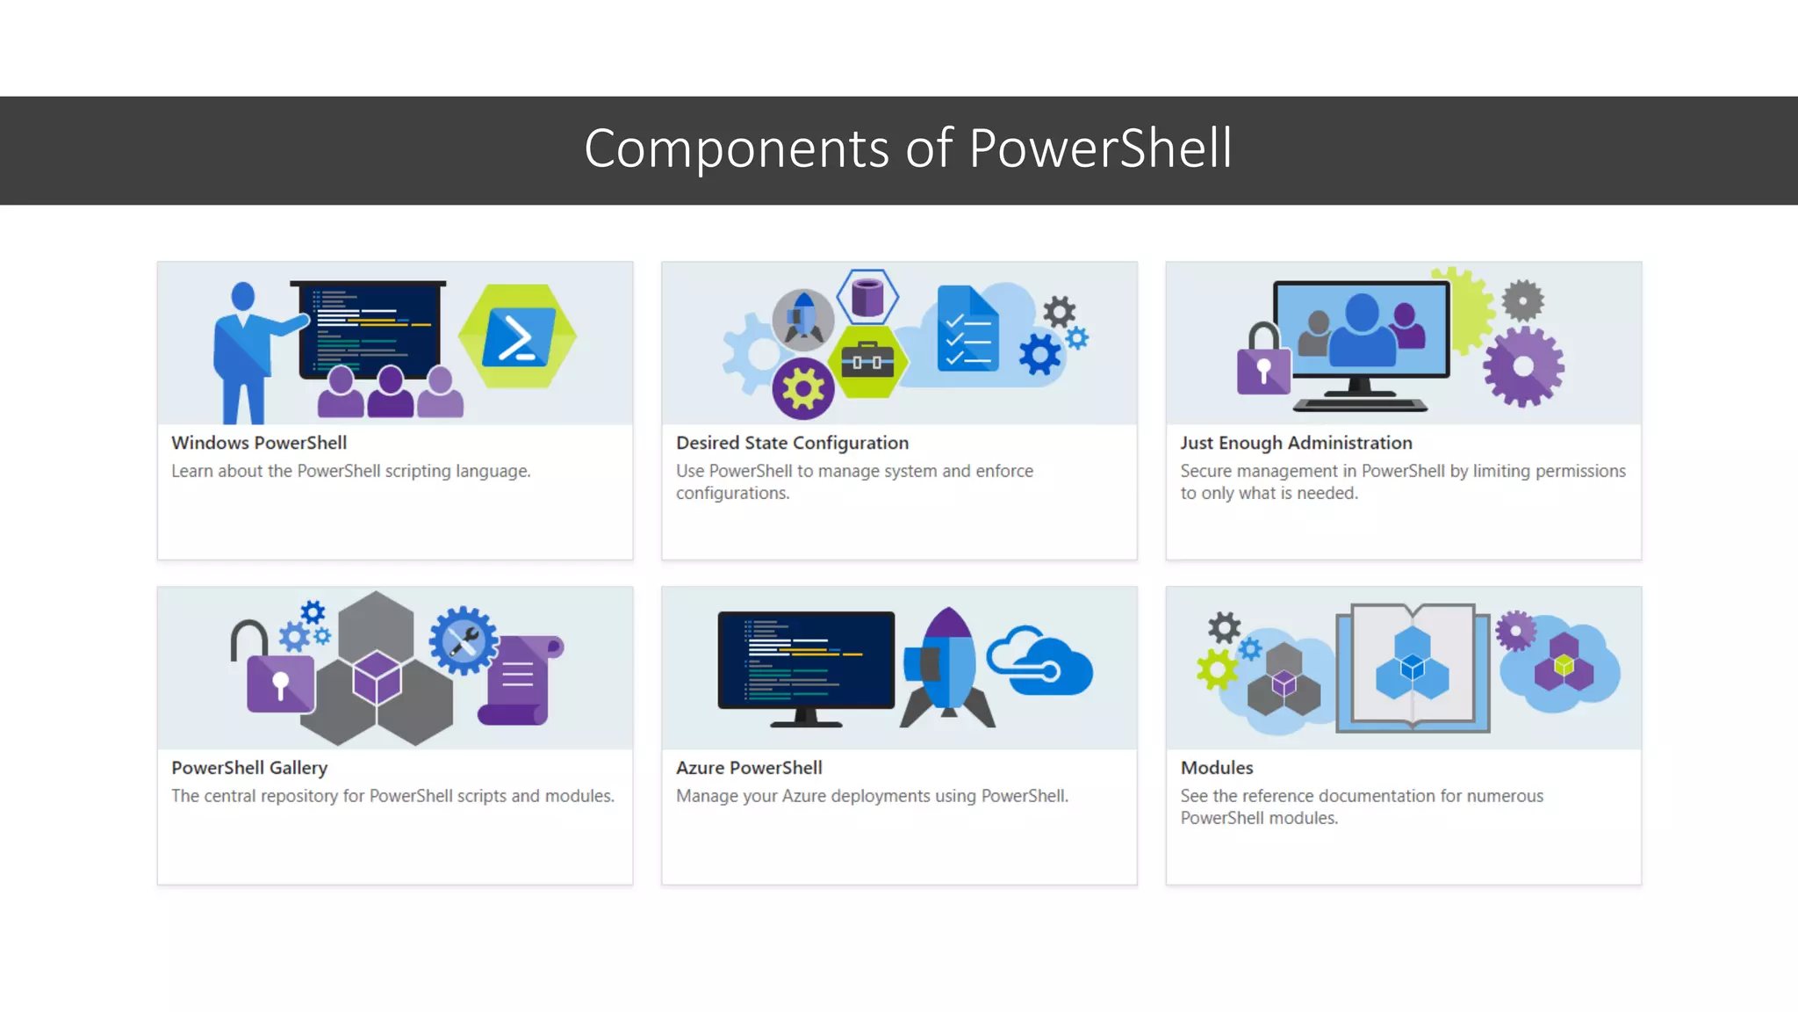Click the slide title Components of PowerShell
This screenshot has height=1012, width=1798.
pos(908,148)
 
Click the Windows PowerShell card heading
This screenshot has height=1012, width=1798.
pos(259,443)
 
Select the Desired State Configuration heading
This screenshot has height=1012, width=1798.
pos(792,443)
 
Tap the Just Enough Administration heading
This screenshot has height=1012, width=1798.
pos(1296,443)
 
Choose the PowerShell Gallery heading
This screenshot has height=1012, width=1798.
pos(249,768)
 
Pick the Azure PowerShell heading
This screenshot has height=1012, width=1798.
pos(749,768)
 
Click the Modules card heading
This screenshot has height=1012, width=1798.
pos(1217,768)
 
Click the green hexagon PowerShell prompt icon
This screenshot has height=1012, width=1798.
pos(518,336)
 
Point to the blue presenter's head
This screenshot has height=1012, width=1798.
pos(243,296)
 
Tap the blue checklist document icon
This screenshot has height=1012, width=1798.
pos(967,329)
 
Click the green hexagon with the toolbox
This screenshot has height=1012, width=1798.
pos(867,361)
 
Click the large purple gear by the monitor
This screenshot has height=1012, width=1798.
pos(1523,366)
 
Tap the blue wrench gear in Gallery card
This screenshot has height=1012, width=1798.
pos(463,640)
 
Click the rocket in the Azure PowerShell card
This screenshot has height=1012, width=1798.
pos(947,669)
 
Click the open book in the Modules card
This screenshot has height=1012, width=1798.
pos(1412,668)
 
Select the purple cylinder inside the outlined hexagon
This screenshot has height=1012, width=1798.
pos(867,297)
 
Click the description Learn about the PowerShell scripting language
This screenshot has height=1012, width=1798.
pos(350,471)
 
